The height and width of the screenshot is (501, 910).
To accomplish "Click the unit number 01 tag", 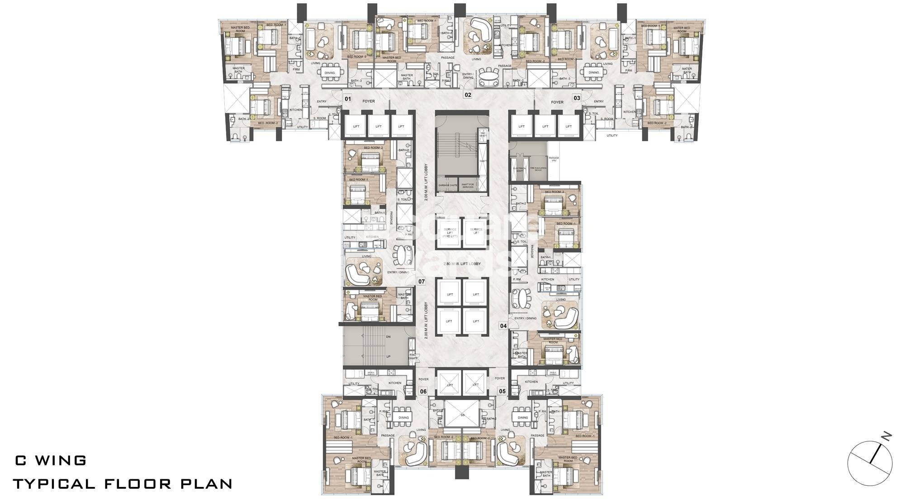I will click(348, 98).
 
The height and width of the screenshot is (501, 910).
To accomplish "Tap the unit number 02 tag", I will click(468, 95).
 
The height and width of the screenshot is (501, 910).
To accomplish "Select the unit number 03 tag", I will click(577, 98).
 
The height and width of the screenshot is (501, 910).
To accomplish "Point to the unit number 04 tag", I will click(503, 326).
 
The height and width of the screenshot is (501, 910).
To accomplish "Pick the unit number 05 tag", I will click(502, 392).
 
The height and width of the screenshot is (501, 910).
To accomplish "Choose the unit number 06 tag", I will click(423, 392).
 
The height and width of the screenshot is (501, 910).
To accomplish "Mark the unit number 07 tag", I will click(422, 282).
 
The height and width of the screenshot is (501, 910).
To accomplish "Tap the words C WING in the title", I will click(51, 461).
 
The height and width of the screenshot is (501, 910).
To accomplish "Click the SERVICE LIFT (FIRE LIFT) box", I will click(450, 232).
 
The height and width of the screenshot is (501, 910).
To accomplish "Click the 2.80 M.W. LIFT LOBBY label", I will click(461, 264).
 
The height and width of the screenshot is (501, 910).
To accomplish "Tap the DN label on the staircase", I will click(388, 337).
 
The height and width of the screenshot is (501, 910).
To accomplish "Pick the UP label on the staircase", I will click(388, 356).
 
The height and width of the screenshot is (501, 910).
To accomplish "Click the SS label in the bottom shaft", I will click(462, 415).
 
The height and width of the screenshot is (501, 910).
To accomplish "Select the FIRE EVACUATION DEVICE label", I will click(538, 169).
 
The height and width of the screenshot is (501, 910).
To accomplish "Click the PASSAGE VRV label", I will click(554, 159).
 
